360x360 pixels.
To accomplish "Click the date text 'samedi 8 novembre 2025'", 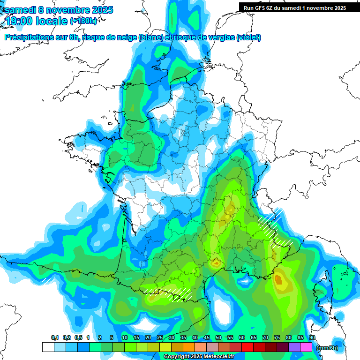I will point(59,10).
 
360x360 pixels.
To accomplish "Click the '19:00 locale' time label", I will point(36,21).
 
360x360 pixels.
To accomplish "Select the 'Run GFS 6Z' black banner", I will point(293,7).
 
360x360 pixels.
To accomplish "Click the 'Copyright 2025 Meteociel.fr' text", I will point(203,356).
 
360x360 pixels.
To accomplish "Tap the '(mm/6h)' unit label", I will point(327,348).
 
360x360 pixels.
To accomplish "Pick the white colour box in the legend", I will point(48,347).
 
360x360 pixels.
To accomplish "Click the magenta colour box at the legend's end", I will point(306,347).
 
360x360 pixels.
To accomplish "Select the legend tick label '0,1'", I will point(54,338).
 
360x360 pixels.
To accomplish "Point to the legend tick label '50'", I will point(218,338).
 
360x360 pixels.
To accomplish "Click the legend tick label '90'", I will point(312,338).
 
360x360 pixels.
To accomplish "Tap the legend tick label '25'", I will point(160,338).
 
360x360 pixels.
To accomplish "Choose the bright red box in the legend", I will point(247,347).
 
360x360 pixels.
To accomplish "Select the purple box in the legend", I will point(294,347).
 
